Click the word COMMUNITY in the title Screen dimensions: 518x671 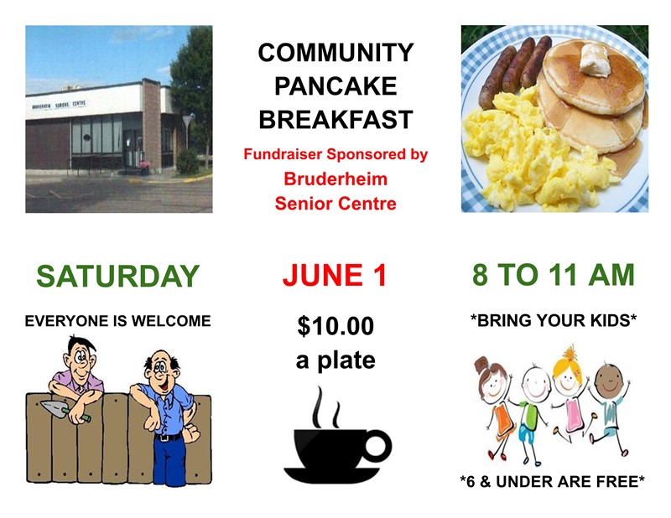tap(335, 53)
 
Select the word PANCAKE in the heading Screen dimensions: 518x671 tap(335, 86)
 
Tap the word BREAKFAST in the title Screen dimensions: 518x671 tap(335, 120)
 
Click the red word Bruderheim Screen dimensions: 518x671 tap(335, 179)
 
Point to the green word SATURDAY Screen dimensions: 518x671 tap(118, 276)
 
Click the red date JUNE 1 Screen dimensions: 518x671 tap(335, 275)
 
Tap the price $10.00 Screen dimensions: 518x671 tap(335, 327)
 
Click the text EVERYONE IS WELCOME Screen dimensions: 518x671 tap(118, 321)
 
